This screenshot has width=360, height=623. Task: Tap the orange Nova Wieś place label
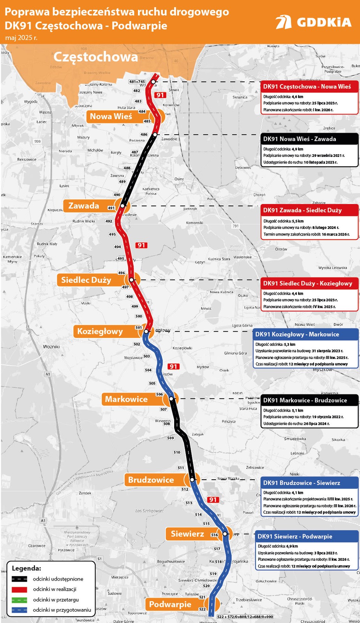111,116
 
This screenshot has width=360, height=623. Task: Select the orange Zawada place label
84,206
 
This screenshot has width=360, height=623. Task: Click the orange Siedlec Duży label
86,280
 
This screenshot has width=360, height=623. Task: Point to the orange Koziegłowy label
100,331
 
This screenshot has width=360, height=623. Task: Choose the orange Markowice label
126,399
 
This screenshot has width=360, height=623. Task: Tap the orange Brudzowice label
151,480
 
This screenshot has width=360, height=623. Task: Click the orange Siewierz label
187,534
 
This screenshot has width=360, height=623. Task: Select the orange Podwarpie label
170,604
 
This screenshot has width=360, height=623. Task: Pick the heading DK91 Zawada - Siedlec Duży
302,210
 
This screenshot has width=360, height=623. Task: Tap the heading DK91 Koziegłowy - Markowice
297,334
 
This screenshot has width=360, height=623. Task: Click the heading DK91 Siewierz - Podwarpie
295,537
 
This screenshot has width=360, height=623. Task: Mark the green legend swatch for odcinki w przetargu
19,600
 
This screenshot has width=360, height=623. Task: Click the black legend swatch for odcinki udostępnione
19,579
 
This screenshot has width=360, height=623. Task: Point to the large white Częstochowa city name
95,57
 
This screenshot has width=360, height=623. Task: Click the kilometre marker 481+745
137,82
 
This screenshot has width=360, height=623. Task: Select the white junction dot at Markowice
171,399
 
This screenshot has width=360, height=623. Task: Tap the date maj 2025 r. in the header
21,38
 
